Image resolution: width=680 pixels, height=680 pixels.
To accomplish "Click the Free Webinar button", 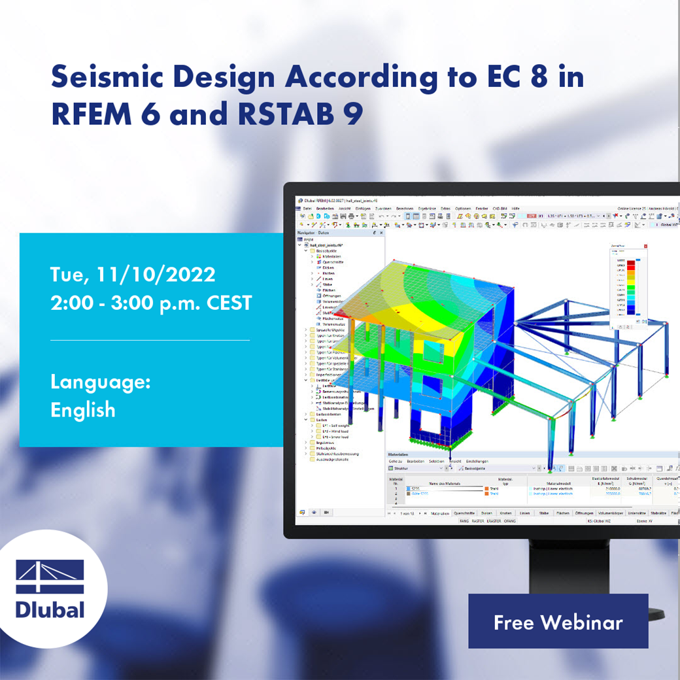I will click(x=558, y=621).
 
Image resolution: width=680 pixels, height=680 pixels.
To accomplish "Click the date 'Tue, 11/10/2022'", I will click(x=133, y=275).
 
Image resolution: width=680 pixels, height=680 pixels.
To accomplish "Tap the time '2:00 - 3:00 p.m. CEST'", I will click(x=151, y=303).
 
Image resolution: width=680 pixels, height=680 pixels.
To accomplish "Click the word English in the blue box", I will click(x=83, y=410).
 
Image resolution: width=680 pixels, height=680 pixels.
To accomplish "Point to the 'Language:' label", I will click(x=100, y=382).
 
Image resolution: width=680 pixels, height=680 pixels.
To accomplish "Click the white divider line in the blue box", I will click(x=150, y=340).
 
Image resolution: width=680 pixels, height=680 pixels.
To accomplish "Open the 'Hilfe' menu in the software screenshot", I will click(x=515, y=207).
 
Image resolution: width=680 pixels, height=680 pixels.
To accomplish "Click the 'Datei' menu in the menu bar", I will click(x=307, y=207).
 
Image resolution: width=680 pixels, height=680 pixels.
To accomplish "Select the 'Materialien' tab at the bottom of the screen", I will click(x=440, y=513).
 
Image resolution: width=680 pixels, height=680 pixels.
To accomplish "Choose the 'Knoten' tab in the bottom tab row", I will click(x=505, y=513).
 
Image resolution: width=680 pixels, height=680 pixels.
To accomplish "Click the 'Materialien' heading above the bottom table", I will click(x=398, y=454).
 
